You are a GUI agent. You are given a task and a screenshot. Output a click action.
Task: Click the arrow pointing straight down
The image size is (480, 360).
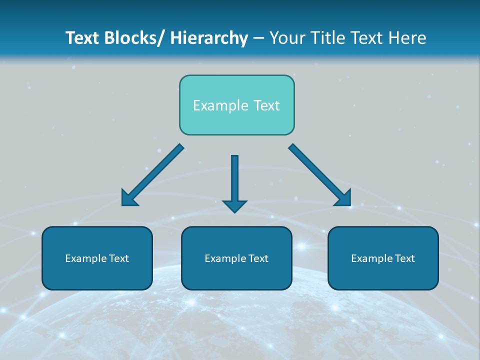[x=234, y=182]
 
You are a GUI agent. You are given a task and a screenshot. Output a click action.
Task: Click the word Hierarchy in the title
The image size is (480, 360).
[x=209, y=38]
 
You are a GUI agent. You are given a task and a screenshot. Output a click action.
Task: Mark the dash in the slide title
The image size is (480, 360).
[x=258, y=38]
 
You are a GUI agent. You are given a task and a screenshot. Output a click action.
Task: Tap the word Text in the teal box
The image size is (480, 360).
[x=266, y=105]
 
